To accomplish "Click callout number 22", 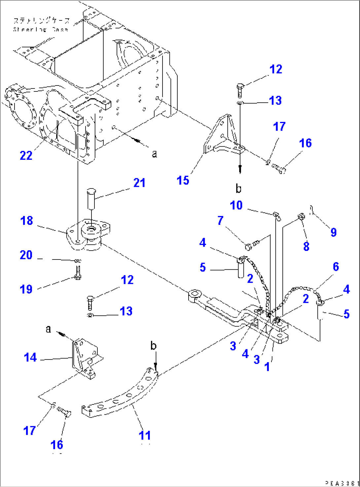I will pos(26,155).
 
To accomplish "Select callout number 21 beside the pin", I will pos(139,183).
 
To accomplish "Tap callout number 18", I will pos(27,220).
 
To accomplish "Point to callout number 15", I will pos(183,180).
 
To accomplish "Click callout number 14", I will pos(30,357).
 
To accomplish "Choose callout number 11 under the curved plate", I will pos(145,435).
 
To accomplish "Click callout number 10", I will pos(236,205).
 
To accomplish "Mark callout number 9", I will pos(334,232).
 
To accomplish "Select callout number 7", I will pos(220,220).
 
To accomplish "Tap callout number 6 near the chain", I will pos(336,266).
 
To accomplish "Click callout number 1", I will pos(267,366).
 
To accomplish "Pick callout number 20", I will pos(26,255).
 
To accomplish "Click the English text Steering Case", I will pos(41,29).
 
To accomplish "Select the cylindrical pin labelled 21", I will pos(91,198).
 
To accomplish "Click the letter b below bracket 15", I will pos(238,189).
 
